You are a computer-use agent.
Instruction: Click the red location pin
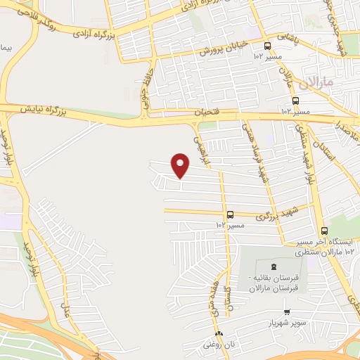(181, 165)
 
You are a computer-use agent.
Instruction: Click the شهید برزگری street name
(264, 211)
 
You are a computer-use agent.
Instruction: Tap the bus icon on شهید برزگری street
(230, 214)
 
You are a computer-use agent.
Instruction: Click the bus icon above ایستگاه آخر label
(324, 231)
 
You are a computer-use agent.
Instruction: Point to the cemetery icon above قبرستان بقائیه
(273, 264)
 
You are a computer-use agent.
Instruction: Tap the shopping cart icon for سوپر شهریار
(286, 312)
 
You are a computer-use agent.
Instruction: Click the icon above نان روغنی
(219, 333)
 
